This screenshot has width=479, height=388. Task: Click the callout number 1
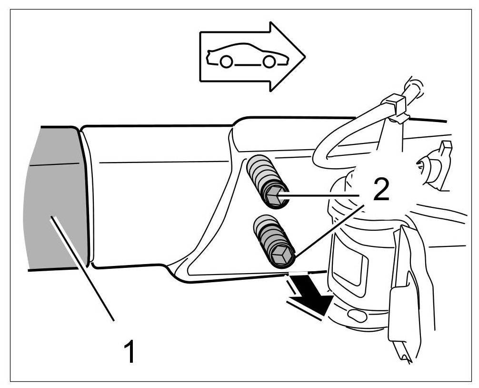coord(129,351)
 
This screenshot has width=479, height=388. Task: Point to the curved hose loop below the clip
coord(333,143)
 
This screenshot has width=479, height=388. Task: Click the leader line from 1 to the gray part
coord(83,267)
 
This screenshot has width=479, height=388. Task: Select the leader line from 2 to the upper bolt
coord(319,195)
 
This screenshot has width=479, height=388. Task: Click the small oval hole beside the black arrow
coord(356,315)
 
